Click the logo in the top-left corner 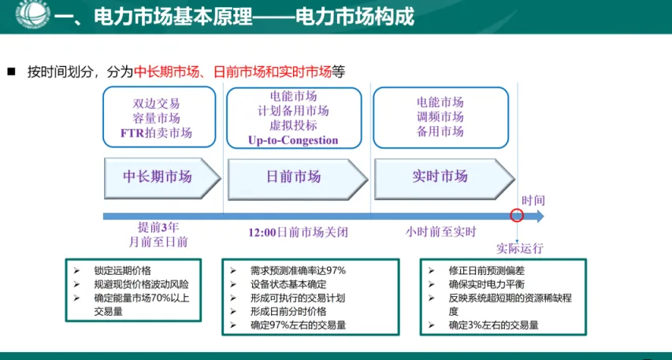21,17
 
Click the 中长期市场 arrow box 158,176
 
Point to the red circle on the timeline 517,215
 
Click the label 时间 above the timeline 533,201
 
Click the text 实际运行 519,248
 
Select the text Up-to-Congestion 292,140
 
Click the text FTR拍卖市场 156,132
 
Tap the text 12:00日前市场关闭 297,232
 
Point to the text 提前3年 158,227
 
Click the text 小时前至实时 441,232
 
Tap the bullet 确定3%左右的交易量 493,324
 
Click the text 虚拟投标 292,125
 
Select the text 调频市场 440,117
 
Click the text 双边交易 156,103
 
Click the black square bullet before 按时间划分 11,71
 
